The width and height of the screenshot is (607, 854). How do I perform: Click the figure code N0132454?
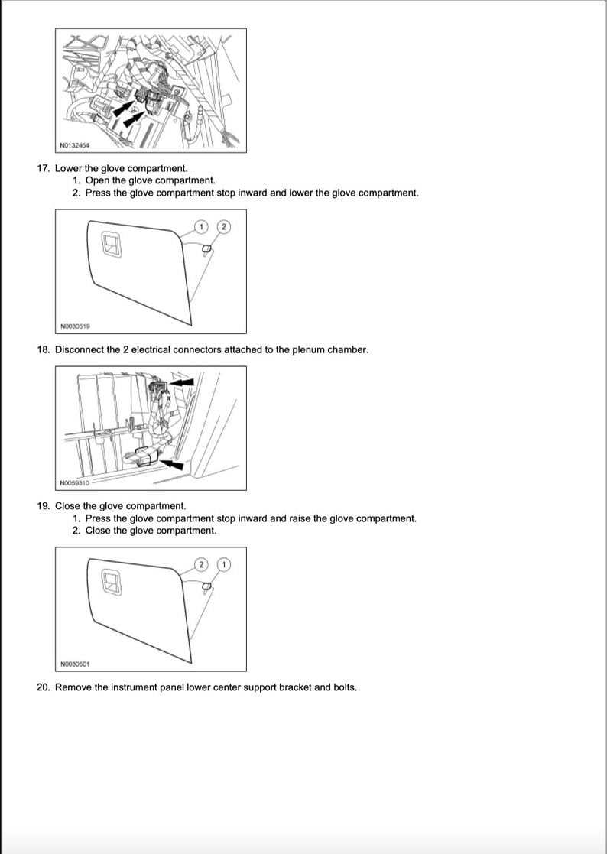point(74,144)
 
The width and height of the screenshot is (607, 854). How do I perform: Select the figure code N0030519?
point(74,326)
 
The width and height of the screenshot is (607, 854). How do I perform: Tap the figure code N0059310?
point(74,483)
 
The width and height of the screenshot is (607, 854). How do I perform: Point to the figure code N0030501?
point(74,664)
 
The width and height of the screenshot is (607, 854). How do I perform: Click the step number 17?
point(44,168)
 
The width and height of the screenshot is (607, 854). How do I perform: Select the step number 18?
point(44,349)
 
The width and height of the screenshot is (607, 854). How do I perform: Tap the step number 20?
point(44,687)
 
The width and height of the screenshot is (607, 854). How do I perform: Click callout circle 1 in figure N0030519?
point(200,227)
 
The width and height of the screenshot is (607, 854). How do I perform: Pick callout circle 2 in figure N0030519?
point(223,227)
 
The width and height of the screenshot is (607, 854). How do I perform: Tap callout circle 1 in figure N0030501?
point(223,564)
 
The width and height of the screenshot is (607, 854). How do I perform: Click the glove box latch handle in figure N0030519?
point(111,242)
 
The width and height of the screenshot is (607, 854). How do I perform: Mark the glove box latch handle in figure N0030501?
point(111,580)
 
